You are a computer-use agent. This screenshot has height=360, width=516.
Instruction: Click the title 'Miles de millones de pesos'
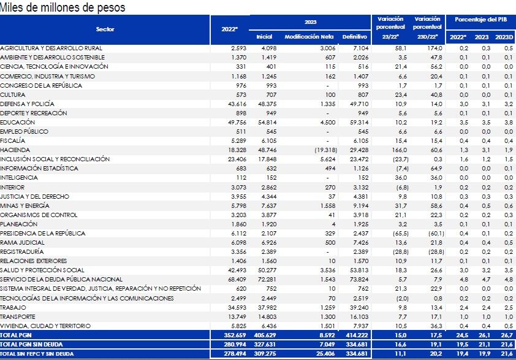click(63, 7)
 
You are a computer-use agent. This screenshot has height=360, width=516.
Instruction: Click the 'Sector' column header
click(105, 29)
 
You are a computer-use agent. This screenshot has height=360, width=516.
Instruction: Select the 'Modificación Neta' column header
click(309, 37)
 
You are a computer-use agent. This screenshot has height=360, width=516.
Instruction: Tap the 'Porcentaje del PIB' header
click(481, 20)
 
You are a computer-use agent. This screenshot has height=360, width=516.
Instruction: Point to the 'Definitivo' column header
click(354, 37)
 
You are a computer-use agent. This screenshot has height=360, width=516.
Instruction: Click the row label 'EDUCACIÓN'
click(17, 122)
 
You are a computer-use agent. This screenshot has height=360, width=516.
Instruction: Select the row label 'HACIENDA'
click(15, 150)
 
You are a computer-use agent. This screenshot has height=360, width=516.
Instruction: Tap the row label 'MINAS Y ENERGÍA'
click(25, 205)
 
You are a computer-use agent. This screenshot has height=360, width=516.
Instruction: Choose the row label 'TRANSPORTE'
click(18, 316)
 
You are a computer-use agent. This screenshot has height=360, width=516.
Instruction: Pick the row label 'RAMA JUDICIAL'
click(23, 242)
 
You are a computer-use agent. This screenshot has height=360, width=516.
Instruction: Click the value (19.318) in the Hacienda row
click(325, 150)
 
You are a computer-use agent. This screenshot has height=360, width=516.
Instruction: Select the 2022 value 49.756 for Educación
click(237, 122)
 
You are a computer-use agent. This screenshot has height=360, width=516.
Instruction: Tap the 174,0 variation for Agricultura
click(434, 48)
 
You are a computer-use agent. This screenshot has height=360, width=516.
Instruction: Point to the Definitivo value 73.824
click(359, 279)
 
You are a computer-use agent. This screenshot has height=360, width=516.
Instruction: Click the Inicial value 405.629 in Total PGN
click(265, 335)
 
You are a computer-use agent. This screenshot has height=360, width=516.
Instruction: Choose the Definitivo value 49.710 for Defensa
click(359, 104)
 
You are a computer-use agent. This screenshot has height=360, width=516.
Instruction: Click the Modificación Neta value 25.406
click(325, 354)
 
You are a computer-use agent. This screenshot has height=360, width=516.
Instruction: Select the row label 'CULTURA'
click(13, 94)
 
